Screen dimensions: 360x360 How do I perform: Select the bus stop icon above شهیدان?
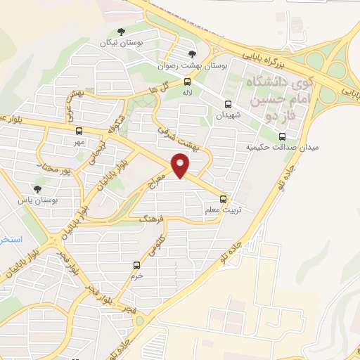coord(227,103)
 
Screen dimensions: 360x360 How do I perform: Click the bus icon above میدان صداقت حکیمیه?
coord(281,136)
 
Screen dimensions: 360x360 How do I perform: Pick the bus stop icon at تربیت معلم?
coord(224,198)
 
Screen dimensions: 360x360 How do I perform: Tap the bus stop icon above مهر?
coord(78,131)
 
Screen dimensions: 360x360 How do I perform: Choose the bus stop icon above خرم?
coord(136,266)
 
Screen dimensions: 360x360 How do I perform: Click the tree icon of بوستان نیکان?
coord(122,31)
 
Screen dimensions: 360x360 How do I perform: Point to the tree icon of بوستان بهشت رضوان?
coord(193,53)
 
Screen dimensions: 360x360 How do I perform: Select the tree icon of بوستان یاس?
coord(37,188)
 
